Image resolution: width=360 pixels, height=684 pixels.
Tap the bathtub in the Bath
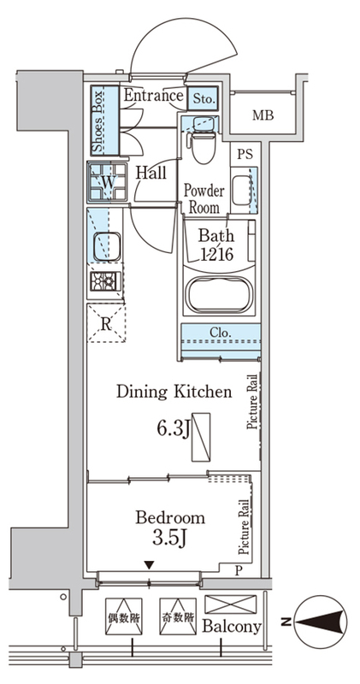(x=218, y=295)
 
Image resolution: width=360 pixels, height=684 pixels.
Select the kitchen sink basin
(x=107, y=246)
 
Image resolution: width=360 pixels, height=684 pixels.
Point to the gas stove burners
(x=104, y=281)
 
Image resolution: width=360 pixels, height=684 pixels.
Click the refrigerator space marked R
(x=106, y=323)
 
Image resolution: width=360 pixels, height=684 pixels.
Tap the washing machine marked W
(x=108, y=182)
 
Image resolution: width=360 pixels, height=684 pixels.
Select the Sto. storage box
(x=203, y=98)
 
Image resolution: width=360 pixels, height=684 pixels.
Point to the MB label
(x=263, y=115)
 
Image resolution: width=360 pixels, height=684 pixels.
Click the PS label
(x=244, y=155)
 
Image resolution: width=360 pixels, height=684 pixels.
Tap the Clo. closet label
(x=220, y=332)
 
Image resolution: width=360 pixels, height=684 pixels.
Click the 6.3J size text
(x=174, y=429)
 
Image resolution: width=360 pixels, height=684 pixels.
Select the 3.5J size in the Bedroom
(x=169, y=538)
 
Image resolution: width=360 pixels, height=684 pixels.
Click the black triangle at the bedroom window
(x=150, y=565)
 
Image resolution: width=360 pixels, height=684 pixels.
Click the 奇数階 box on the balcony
(x=178, y=616)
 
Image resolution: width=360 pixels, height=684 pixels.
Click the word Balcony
(x=232, y=627)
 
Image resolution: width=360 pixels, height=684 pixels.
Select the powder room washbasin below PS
(x=244, y=190)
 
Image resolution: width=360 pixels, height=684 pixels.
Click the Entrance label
(x=153, y=95)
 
